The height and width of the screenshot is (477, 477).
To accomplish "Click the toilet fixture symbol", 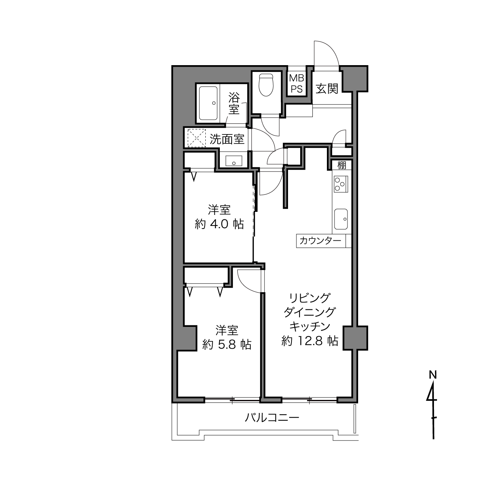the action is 266,85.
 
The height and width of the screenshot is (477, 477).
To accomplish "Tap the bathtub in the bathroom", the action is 208,103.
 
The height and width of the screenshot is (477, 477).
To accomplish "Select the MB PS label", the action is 296,83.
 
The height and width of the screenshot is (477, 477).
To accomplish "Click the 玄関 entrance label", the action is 327,89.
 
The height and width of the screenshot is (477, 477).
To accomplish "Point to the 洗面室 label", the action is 227,139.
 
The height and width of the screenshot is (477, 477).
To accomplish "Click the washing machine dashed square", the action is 197,138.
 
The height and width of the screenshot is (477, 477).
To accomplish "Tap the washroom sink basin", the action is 234,161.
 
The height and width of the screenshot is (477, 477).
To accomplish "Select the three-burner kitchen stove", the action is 341,184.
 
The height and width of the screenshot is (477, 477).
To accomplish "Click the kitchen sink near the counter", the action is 341,219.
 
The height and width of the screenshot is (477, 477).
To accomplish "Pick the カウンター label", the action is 320,240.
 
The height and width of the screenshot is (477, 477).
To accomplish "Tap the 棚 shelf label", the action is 342,165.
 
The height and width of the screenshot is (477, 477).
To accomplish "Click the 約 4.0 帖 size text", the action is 219,224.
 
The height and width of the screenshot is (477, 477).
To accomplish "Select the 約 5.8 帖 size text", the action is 227,344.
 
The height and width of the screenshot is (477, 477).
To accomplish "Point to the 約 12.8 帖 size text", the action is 310,341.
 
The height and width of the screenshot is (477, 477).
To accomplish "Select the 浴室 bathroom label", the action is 234,104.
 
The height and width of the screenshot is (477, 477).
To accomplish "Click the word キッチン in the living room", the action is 310,327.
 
